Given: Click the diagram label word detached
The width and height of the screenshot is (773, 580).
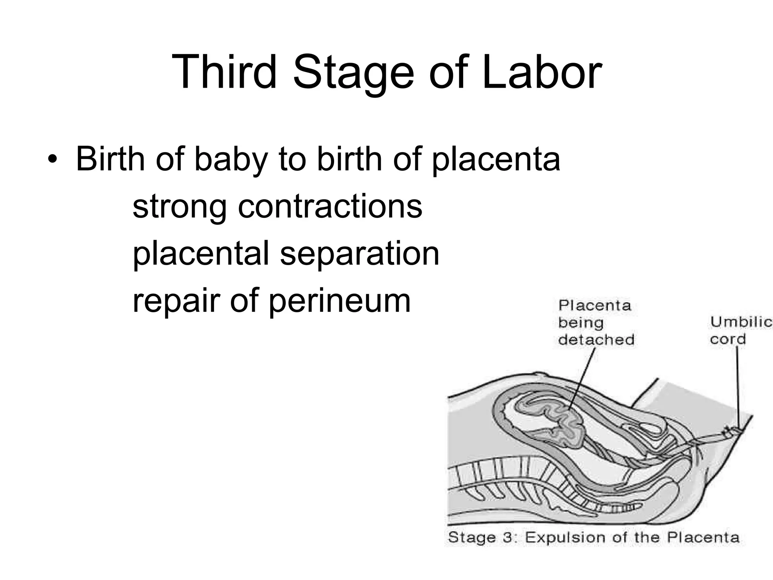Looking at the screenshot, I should (x=596, y=339).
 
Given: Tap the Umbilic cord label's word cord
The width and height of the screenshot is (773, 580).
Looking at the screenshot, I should (x=728, y=339).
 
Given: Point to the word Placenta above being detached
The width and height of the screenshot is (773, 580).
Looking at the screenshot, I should (x=594, y=305).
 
